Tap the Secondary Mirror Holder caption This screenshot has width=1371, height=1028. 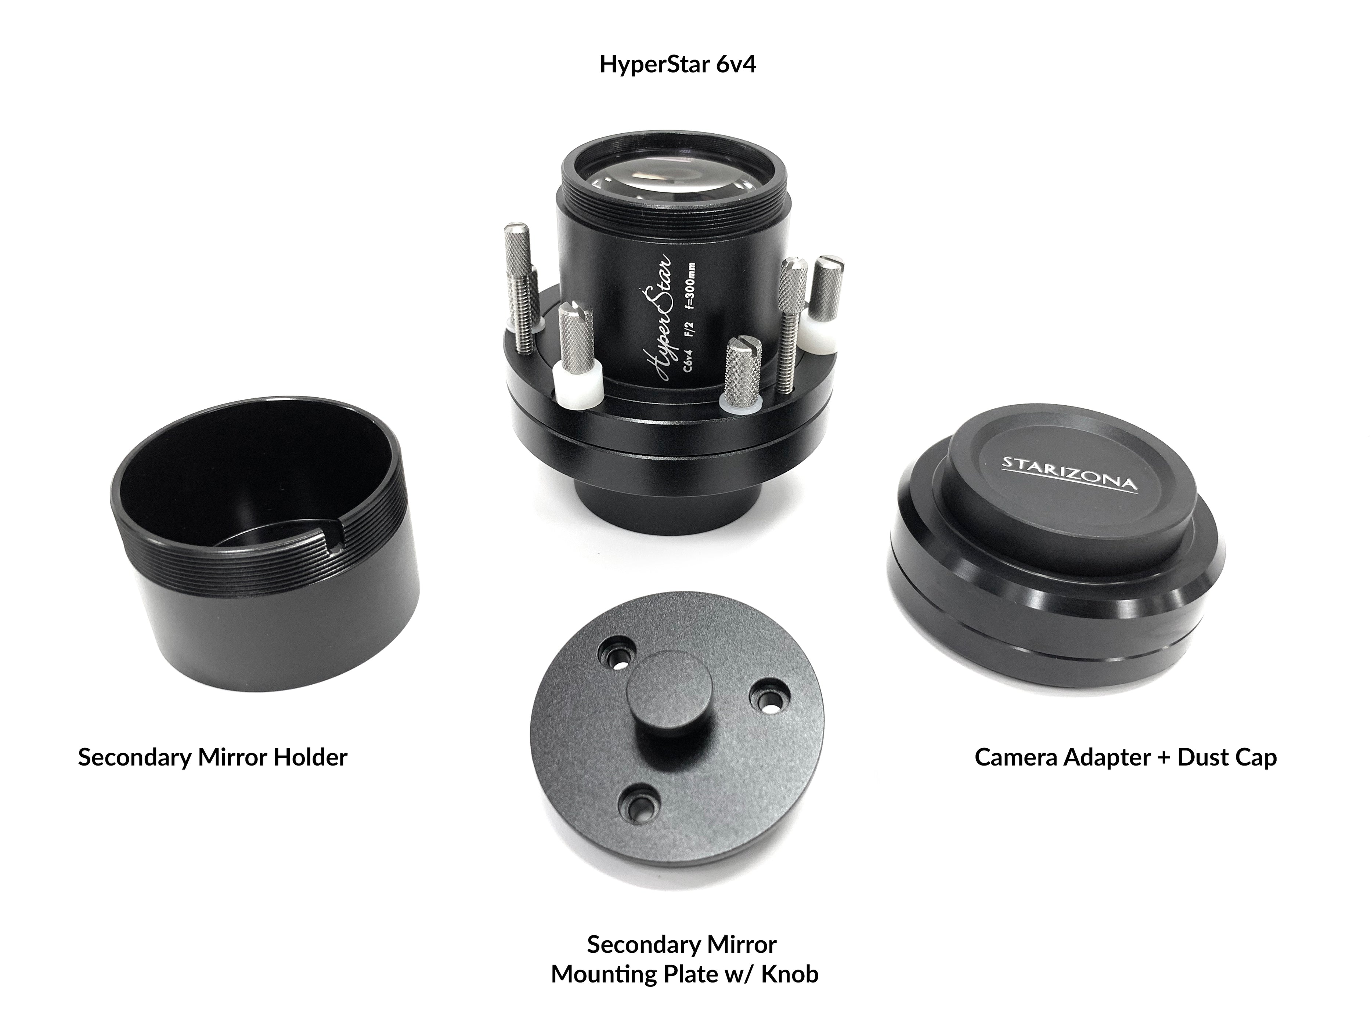pyautogui.click(x=213, y=757)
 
